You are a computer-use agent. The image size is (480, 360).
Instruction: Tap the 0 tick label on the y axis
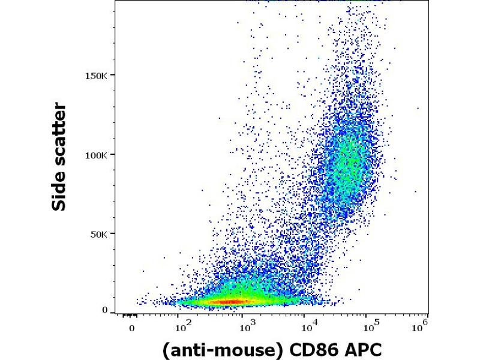(x=105, y=310)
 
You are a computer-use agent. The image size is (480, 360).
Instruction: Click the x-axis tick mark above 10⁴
(x=305, y=314)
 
